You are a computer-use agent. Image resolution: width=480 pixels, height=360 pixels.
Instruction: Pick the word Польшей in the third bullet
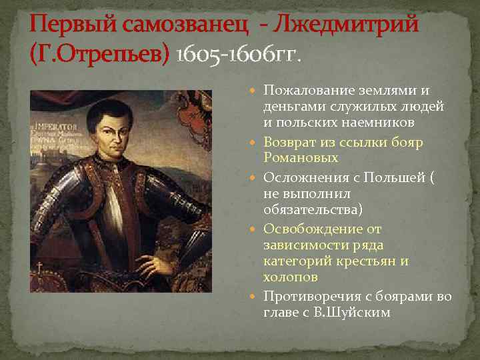pyautogui.click(x=395, y=177)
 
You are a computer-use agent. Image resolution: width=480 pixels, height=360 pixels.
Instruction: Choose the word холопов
pyautogui.click(x=290, y=276)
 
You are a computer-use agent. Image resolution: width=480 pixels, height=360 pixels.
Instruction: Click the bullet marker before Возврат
pyautogui.click(x=257, y=143)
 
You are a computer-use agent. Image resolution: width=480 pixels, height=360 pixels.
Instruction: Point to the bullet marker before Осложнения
pyautogui.click(x=257, y=177)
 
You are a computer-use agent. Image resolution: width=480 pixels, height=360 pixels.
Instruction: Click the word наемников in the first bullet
pyautogui.click(x=387, y=123)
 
